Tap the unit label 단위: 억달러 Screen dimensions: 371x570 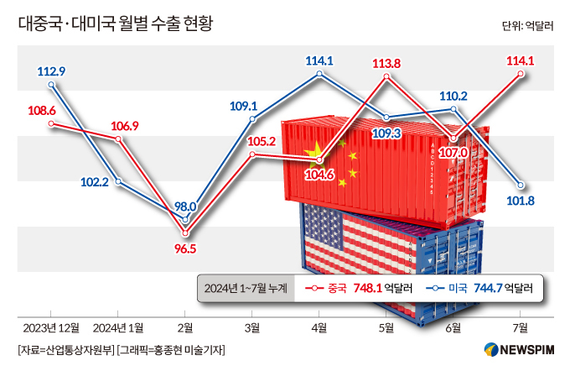[530, 25]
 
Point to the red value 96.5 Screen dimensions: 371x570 [185, 248]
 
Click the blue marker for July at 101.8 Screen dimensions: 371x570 [521, 185]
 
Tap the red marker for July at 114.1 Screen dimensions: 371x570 [521, 74]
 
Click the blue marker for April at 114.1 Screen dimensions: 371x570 [319, 74]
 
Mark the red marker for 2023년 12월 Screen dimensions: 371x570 [52, 123]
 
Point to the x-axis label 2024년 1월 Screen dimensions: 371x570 [118, 327]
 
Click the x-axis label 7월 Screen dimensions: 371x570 [520, 327]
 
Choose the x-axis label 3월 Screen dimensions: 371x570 [252, 327]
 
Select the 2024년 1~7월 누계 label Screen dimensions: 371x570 [245, 288]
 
